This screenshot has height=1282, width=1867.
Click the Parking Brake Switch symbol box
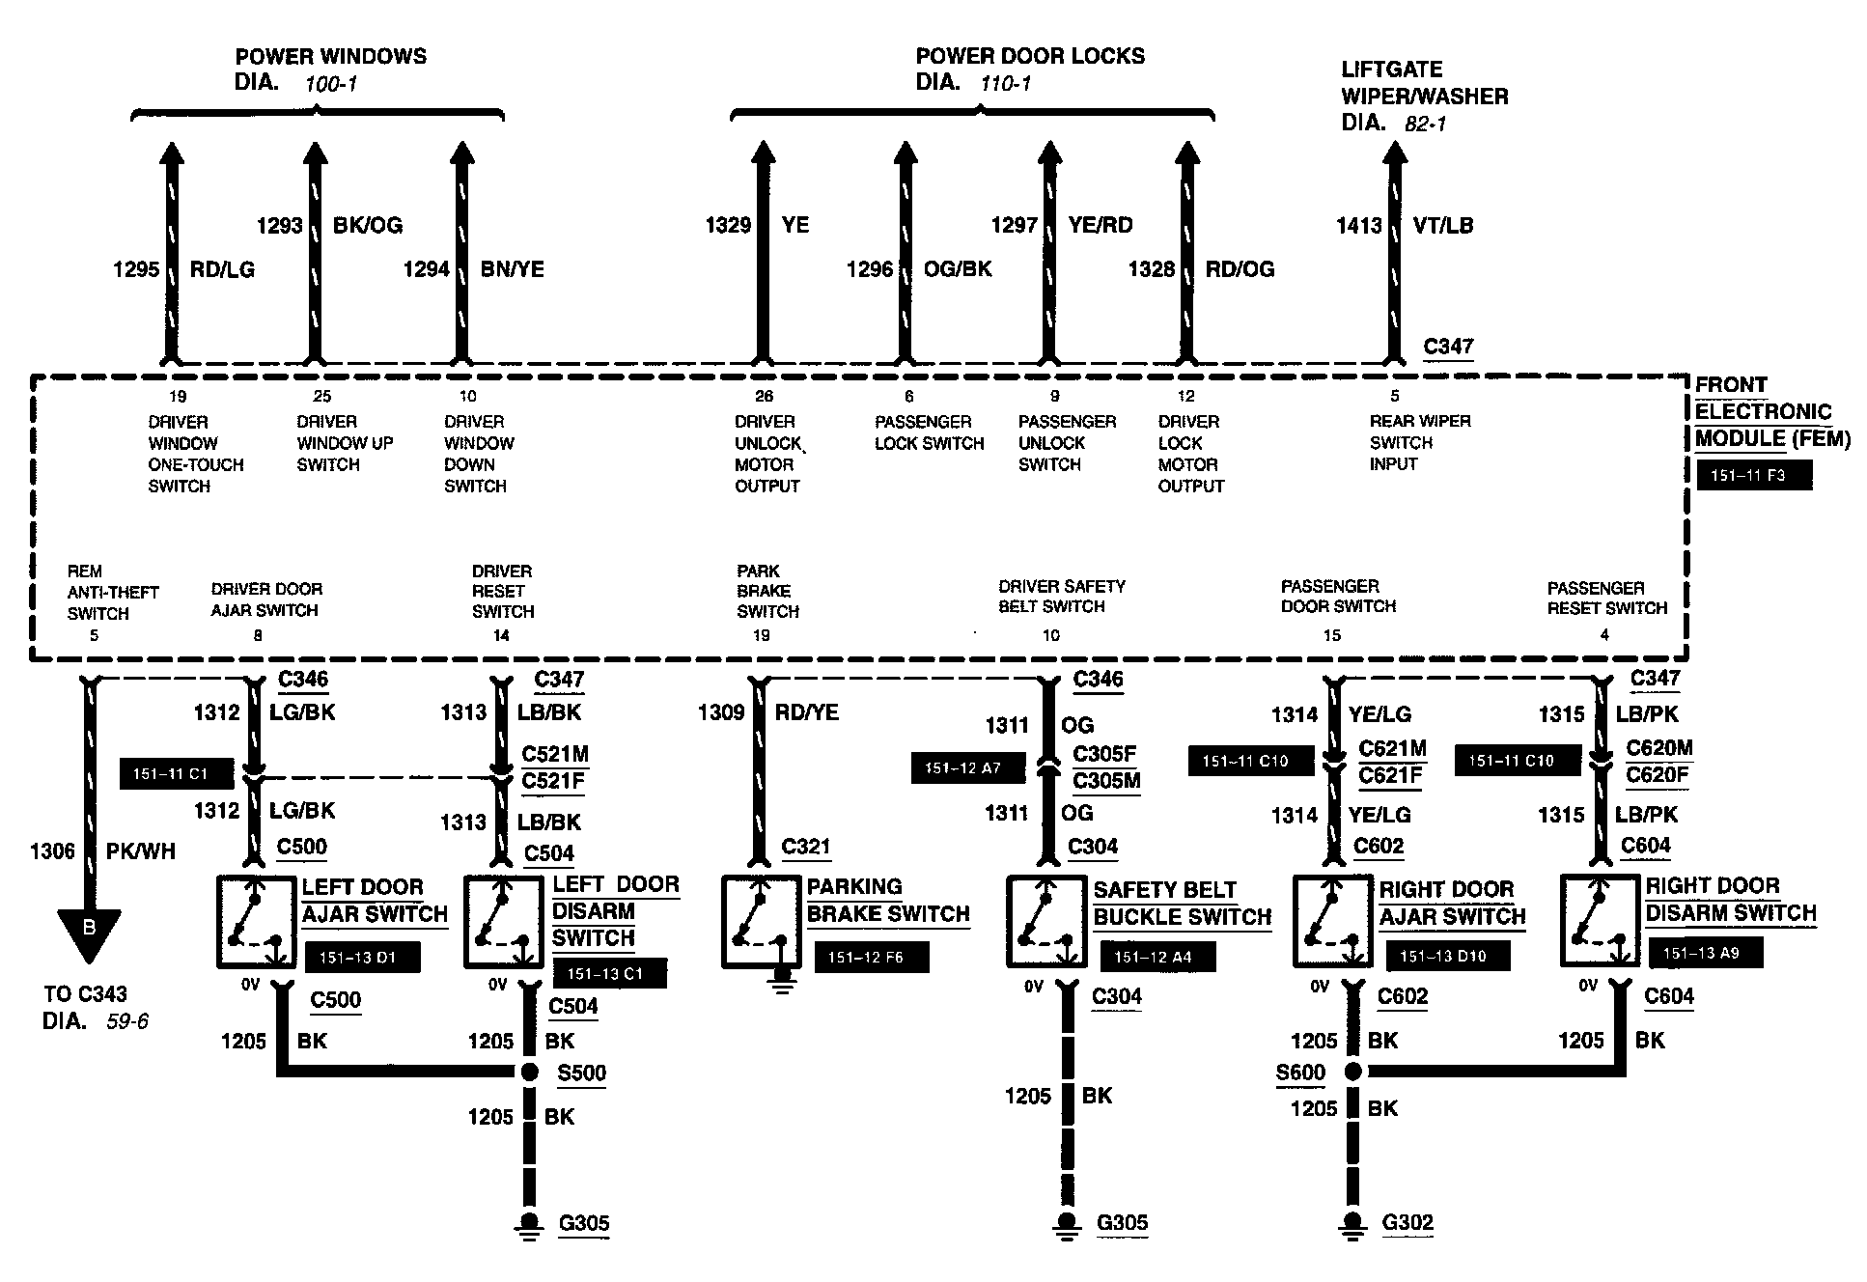761,921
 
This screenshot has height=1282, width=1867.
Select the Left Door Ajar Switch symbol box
255,921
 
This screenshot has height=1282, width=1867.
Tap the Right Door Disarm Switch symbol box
1599,921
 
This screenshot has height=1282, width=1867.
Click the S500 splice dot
528,1072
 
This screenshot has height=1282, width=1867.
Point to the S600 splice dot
1353,1071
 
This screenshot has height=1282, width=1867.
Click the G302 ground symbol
1353,1222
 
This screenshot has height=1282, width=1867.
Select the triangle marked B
89,932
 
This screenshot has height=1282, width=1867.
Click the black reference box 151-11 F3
1753,476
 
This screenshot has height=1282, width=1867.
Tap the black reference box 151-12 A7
967,768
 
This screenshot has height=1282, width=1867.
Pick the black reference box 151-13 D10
1447,956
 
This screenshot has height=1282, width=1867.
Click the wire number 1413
1359,226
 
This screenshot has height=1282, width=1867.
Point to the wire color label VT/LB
1443,226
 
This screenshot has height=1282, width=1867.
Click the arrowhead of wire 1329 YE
763,154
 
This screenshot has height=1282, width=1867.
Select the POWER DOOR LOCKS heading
1029,56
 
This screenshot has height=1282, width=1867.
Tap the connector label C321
806,847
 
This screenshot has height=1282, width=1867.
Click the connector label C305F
1104,753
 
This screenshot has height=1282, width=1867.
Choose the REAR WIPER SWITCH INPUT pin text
1420,442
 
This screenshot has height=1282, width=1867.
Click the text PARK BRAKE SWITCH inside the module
767,591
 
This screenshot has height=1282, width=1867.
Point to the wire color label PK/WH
144,851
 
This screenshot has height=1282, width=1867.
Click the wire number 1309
720,712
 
